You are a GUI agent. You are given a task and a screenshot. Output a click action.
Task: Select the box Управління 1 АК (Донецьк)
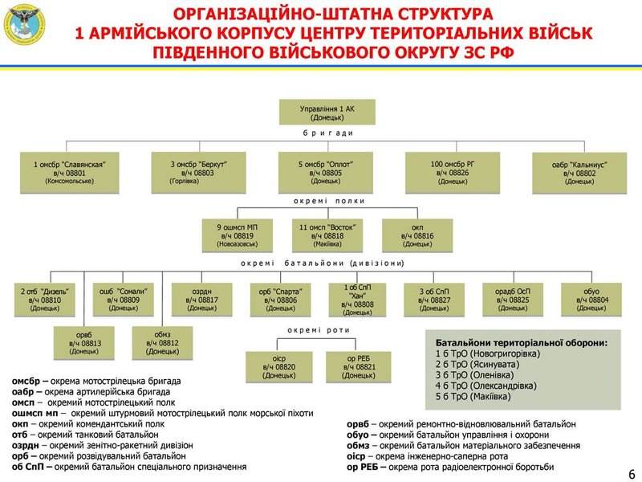coord(327,111)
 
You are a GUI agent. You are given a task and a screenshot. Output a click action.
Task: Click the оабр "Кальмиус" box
coord(579,172)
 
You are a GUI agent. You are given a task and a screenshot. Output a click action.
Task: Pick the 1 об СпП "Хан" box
coord(358,298)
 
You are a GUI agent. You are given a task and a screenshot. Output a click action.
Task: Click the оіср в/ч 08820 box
coord(279,366)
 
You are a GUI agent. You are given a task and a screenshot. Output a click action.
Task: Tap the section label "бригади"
coord(328,133)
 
